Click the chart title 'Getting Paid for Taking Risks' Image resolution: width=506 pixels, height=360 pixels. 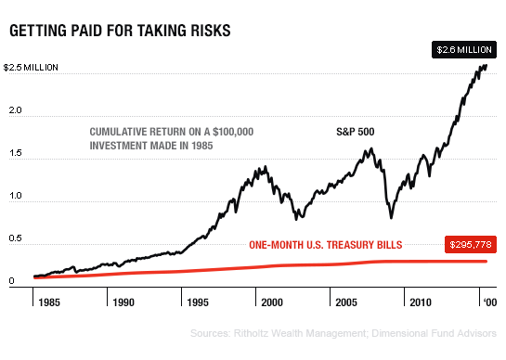(120, 32)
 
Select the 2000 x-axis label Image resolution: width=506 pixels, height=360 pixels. (272, 302)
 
